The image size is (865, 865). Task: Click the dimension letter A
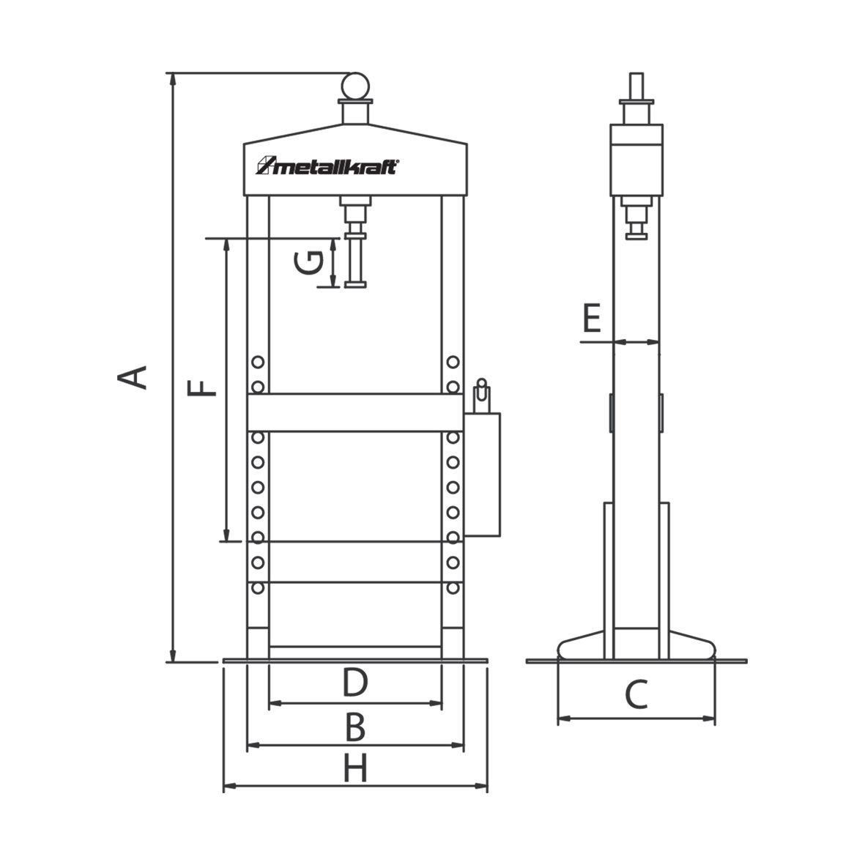133,378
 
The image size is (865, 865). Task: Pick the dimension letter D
355,683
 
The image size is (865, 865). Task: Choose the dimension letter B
355,727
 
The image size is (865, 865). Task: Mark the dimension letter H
356,769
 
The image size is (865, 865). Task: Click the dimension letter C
636,694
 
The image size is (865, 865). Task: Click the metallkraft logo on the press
327,167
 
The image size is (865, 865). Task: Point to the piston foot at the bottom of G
356,284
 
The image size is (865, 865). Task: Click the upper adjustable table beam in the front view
355,412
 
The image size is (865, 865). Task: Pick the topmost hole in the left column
258,362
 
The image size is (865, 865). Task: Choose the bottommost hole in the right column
453,587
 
